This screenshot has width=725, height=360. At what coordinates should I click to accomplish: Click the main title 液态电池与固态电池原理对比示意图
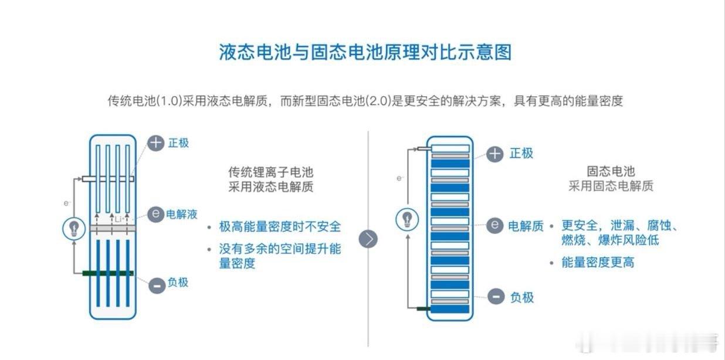[x=365, y=52]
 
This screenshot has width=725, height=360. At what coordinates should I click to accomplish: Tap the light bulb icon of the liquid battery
[x=74, y=227]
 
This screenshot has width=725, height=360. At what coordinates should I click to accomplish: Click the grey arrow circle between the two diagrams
[x=368, y=239]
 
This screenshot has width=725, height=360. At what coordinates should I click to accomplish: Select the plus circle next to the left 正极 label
[x=155, y=142]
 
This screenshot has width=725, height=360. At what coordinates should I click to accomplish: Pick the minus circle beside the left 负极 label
[x=156, y=285]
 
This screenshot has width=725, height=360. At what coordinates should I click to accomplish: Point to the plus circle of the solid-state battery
[x=496, y=154]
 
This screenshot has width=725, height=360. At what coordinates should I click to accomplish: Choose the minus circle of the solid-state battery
[x=496, y=297]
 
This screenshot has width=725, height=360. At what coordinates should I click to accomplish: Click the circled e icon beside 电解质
[x=496, y=225]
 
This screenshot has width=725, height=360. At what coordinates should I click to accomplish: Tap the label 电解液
[x=182, y=215]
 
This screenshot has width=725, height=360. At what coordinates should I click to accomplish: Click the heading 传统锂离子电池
[x=270, y=172]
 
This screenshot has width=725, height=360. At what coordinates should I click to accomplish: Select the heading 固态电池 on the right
[x=611, y=172]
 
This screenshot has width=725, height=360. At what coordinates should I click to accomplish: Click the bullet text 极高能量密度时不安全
[x=280, y=226]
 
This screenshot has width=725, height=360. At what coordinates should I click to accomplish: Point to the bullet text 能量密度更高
[x=598, y=262]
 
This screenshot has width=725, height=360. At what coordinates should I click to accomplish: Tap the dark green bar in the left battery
[x=108, y=273]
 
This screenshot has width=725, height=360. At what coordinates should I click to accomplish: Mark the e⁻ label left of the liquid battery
[x=67, y=203]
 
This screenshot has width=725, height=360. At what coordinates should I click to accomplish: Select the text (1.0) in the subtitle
[x=169, y=101]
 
